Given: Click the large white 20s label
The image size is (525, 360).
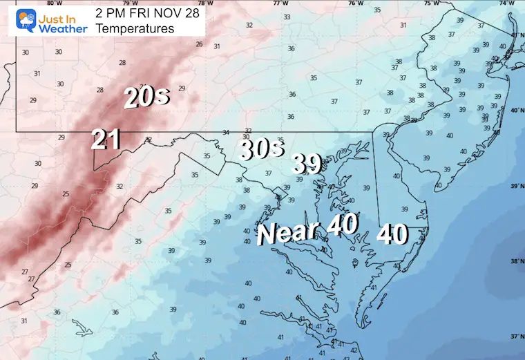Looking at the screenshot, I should point(146,97).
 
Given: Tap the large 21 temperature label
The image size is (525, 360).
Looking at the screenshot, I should point(107,140).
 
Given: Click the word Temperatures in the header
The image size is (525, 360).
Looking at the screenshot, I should point(135,28).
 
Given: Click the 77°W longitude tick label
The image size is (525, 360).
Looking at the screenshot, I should point(280,3).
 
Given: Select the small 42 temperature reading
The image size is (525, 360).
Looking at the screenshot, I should point(354,350).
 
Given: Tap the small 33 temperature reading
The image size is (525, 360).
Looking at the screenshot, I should point(287,17).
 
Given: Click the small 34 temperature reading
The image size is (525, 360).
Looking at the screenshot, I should point(225,133).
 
